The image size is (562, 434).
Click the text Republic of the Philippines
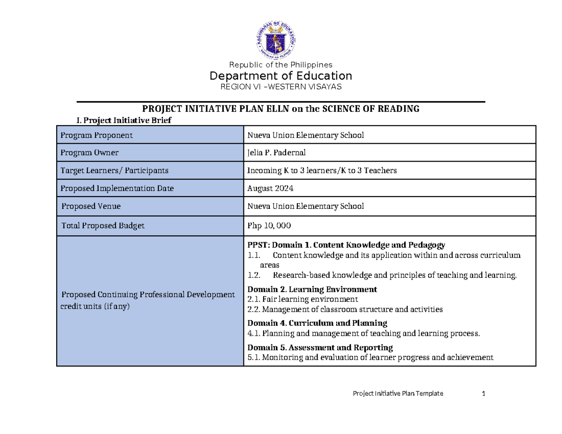click(280, 65)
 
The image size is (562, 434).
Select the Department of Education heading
click(281, 76)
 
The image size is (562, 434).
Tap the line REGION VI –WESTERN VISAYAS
click(281, 87)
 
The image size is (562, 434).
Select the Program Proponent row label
click(96, 135)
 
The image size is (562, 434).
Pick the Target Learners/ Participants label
click(114, 170)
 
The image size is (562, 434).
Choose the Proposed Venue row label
click(91, 206)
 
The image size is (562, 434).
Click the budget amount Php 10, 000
click(269, 226)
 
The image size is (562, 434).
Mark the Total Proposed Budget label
click(103, 226)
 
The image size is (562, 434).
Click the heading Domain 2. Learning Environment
click(312, 289)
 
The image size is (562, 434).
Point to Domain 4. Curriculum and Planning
click(317, 323)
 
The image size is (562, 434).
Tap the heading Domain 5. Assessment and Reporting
click(320, 347)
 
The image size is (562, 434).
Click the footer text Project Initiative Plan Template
click(398, 393)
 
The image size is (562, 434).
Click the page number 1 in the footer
click(483, 393)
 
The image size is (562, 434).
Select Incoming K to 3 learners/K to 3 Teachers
click(322, 170)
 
